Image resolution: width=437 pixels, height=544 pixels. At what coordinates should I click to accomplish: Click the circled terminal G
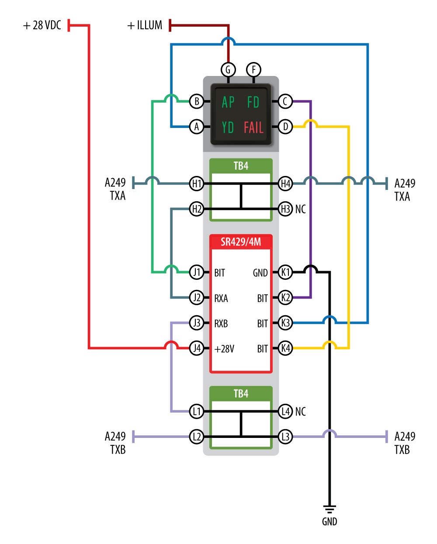click(228, 70)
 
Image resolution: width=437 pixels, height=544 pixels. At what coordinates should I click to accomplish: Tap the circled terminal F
click(253, 70)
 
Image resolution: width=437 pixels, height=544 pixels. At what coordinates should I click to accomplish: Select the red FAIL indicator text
click(253, 127)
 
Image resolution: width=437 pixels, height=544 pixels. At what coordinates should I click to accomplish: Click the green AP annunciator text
click(228, 102)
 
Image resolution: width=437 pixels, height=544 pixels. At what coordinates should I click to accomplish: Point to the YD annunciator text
click(228, 127)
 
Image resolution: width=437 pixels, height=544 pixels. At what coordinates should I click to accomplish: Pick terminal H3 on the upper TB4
click(285, 209)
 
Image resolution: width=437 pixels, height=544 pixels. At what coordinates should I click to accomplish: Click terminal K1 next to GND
click(285, 272)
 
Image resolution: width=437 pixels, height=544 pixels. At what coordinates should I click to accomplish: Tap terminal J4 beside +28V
click(197, 348)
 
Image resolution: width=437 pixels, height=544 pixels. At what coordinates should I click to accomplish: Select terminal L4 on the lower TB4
click(285, 411)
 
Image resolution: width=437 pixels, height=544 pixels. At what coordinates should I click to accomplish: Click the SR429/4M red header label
click(241, 242)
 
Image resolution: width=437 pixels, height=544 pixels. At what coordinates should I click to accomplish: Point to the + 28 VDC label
click(42, 25)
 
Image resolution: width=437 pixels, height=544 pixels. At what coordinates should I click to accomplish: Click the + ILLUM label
click(145, 25)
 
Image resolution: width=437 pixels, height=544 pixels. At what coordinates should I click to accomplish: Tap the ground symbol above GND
click(329, 509)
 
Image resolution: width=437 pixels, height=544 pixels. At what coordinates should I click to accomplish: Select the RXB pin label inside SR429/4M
click(221, 324)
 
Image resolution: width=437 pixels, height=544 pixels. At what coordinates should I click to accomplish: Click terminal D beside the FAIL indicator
click(285, 127)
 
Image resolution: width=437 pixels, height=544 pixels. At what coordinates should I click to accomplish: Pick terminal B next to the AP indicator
click(197, 102)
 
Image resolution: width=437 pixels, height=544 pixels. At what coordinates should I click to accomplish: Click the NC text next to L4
click(301, 412)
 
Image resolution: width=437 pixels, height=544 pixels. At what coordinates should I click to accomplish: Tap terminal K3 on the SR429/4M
click(285, 323)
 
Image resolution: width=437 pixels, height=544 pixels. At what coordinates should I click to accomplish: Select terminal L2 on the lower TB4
click(197, 437)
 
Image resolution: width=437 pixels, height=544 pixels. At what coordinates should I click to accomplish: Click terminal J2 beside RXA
click(197, 298)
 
